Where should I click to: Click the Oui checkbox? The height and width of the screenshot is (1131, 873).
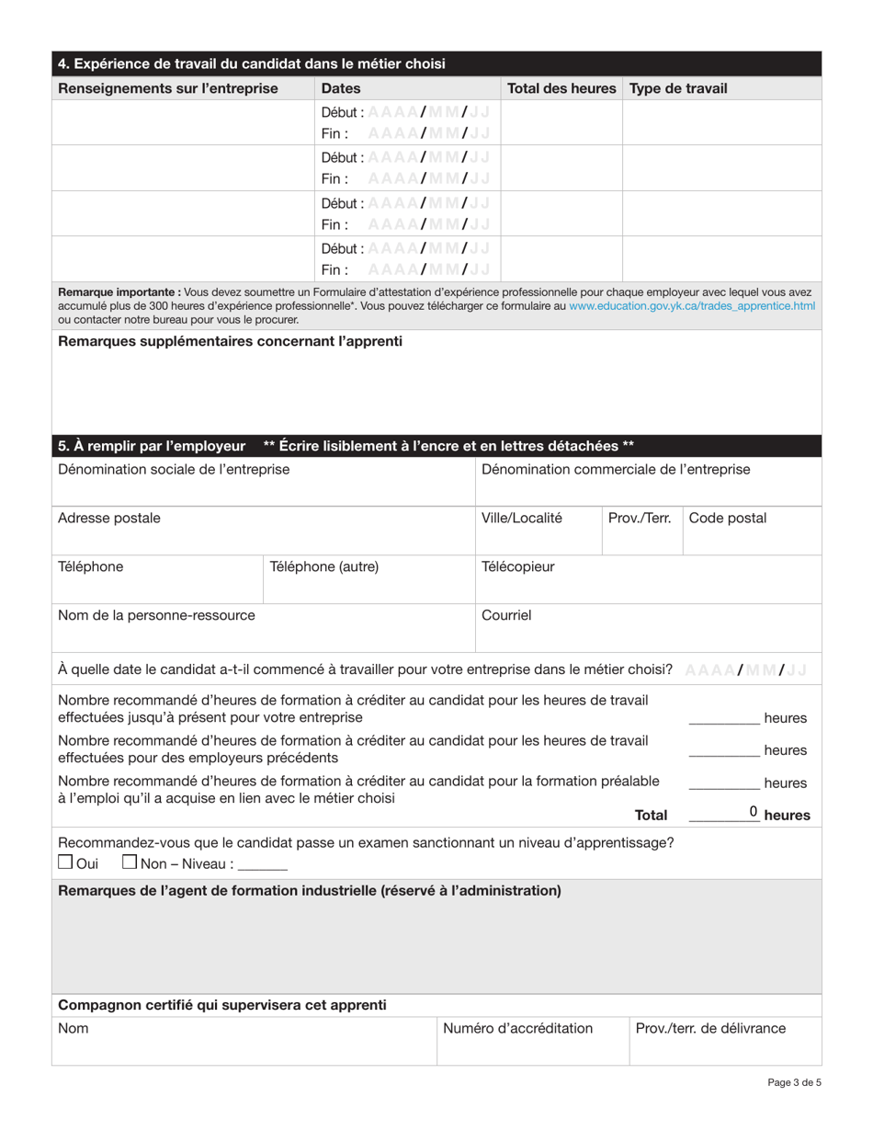[65, 863]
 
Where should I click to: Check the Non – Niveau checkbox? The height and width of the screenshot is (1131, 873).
[130, 863]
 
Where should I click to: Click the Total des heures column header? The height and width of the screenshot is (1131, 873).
[561, 89]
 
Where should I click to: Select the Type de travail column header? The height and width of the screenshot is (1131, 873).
[678, 89]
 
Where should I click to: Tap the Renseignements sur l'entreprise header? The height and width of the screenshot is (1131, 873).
[168, 89]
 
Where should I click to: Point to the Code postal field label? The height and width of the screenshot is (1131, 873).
[728, 519]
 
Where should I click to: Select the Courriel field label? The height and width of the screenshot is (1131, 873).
[506, 615]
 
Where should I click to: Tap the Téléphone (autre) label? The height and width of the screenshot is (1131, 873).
[323, 567]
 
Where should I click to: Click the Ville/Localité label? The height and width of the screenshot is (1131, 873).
[522, 519]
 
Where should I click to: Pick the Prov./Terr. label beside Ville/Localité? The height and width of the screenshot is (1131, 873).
[640, 519]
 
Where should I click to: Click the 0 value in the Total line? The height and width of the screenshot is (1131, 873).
[754, 811]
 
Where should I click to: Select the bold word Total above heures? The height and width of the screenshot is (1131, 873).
[651, 815]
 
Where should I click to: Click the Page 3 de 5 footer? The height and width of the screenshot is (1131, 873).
[795, 1083]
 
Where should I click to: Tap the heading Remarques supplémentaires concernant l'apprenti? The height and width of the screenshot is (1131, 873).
[230, 341]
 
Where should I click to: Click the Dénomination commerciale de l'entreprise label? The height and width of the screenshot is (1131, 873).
[615, 470]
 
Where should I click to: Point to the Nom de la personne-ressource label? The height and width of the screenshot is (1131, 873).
[156, 615]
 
